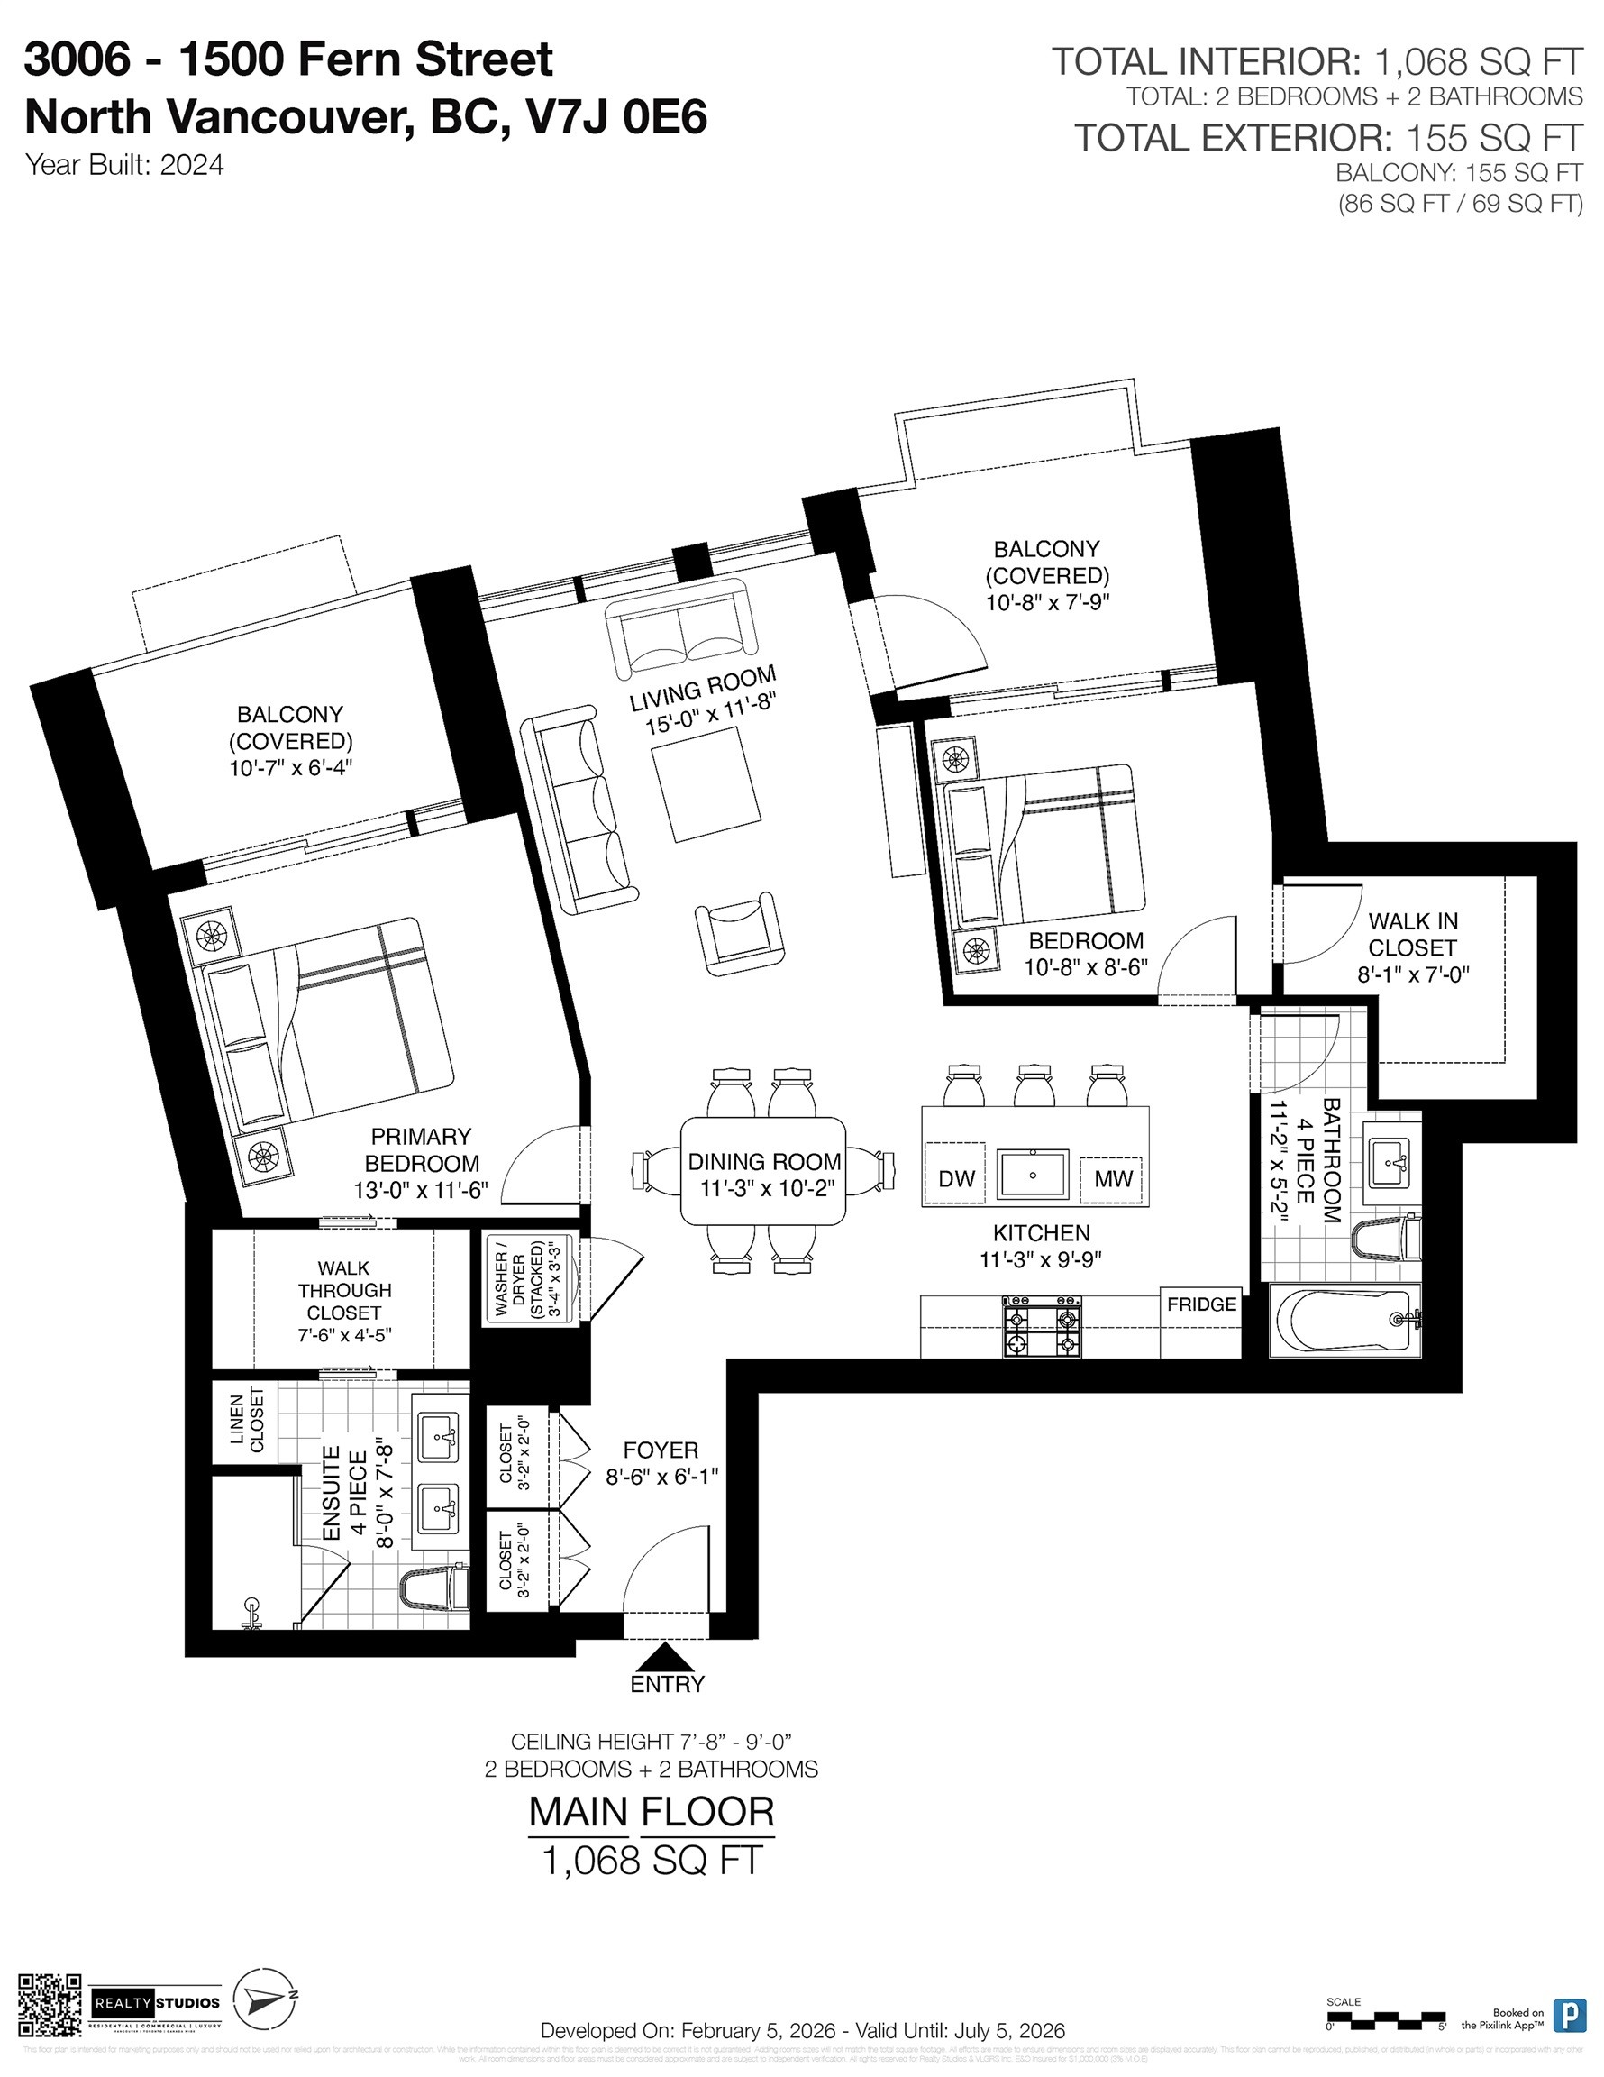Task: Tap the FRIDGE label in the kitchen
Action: (1201, 1304)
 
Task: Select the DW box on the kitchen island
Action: (955, 1178)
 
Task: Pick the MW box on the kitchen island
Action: (1112, 1178)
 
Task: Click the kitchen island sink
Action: (1033, 1175)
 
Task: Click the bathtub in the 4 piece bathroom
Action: (1345, 1321)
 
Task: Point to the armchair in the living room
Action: (740, 932)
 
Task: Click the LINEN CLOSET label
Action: (245, 1420)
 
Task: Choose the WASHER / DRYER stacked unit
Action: (525, 1277)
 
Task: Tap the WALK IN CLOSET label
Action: (1412, 934)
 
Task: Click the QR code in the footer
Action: (50, 2005)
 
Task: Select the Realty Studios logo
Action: (157, 2004)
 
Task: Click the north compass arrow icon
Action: (267, 2001)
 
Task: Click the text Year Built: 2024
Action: (124, 165)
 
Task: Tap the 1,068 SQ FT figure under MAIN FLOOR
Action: (652, 1860)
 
